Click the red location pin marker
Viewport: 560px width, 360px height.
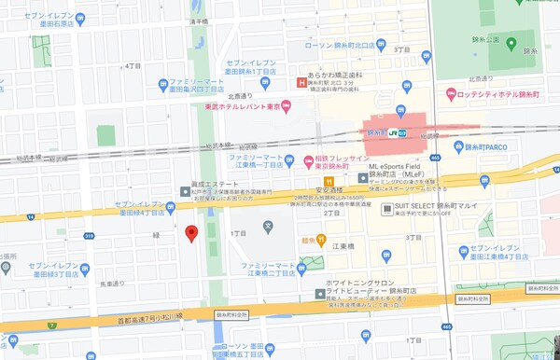pyautogui.click(x=190, y=233)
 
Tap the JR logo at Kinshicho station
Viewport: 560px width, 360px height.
pyautogui.click(x=395, y=132)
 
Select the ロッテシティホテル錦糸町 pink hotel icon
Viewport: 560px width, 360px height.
pyautogui.click(x=451, y=93)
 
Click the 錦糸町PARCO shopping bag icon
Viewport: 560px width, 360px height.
pyautogui.click(x=458, y=146)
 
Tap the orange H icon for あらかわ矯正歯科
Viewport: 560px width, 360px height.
pyautogui.click(x=301, y=83)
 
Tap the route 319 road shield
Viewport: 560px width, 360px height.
pyautogui.click(x=90, y=237)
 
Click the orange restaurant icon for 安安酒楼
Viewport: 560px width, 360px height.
pyautogui.click(x=328, y=182)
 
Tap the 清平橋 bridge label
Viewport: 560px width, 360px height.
pyautogui.click(x=198, y=22)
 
